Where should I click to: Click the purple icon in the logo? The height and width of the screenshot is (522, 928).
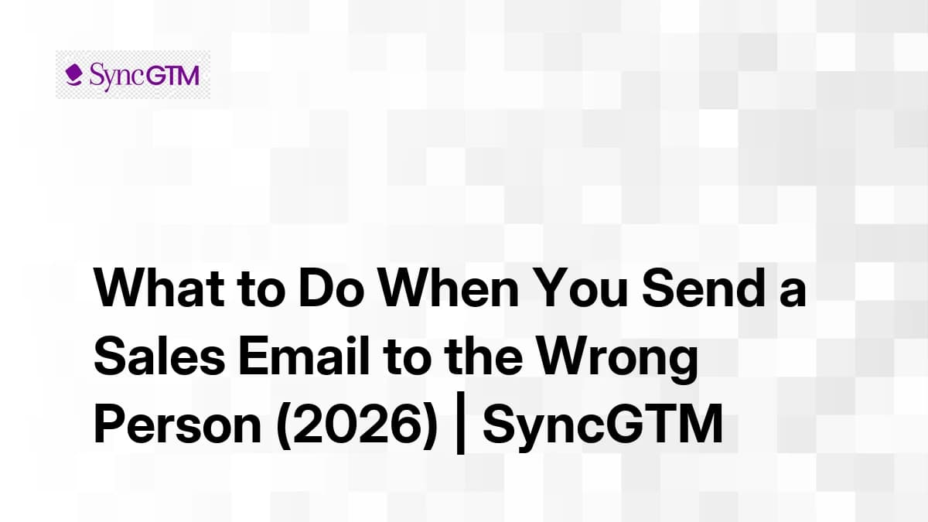point(74,75)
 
